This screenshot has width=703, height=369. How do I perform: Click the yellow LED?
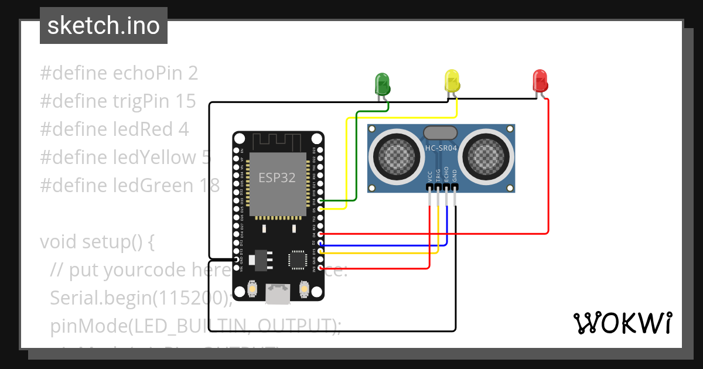452,80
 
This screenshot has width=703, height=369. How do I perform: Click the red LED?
540,80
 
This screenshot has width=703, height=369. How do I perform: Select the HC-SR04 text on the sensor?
441,149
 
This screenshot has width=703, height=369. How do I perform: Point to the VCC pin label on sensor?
431,176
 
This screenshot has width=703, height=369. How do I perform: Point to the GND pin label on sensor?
455,176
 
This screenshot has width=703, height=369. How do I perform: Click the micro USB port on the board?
278,293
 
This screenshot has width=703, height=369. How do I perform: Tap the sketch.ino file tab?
103,26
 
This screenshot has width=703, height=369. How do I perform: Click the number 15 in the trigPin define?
186,101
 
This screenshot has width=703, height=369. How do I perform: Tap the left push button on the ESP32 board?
252,288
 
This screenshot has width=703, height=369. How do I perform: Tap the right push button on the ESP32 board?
304,288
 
